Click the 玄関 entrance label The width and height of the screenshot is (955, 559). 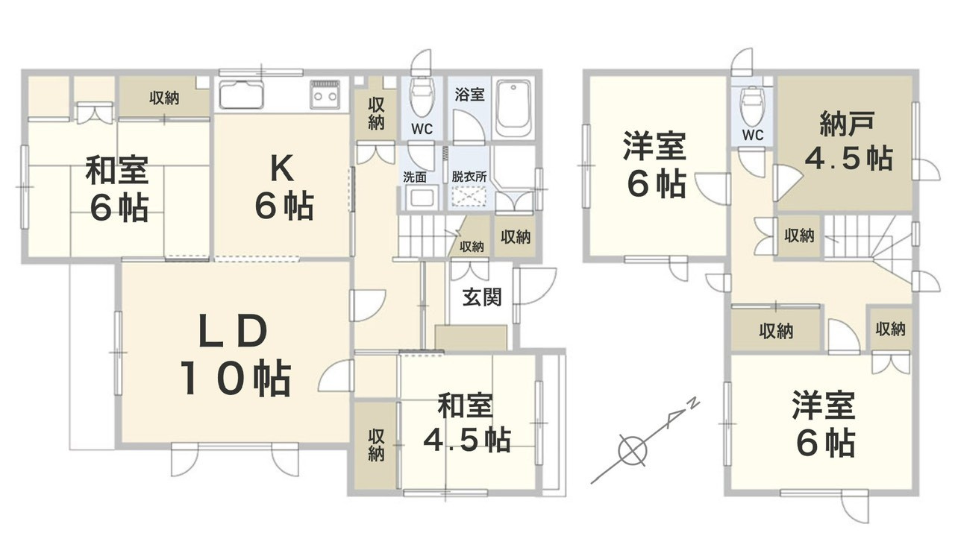tap(482, 297)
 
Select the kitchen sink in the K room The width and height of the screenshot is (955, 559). tap(241, 94)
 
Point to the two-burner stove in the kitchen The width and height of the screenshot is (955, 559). tap(325, 94)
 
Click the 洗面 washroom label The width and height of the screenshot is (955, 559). tap(415, 177)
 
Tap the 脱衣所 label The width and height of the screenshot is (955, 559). tap(469, 177)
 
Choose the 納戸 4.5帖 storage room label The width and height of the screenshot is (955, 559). tap(848, 141)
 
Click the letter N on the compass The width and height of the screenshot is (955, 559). tap(694, 402)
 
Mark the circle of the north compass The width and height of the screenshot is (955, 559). tap(632, 450)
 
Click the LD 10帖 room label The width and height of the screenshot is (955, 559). tap(234, 355)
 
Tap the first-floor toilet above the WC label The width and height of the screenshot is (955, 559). tap(422, 97)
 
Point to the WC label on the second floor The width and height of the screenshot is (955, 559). tap(753, 135)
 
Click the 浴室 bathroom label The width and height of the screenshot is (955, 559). tap(469, 94)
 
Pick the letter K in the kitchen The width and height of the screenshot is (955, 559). tap(282, 168)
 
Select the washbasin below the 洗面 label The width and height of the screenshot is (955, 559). tap(422, 198)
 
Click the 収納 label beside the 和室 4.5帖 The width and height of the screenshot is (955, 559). tap(376, 446)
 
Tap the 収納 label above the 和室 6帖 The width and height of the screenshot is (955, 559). tap(164, 98)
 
